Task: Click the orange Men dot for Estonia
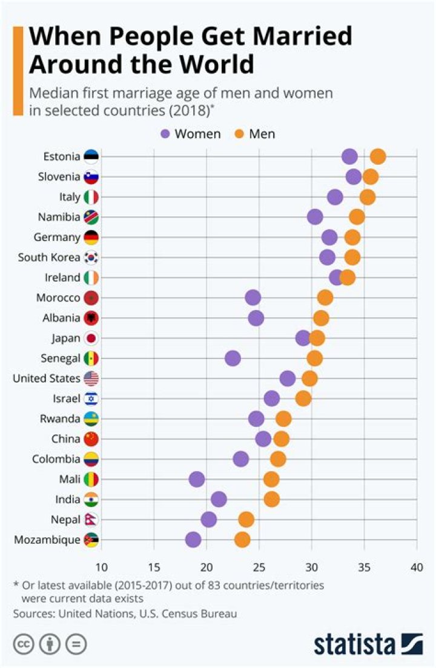tap(378, 157)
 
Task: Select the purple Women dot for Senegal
tap(233, 359)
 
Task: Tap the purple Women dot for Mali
tap(196, 480)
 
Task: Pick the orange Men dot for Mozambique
tap(242, 540)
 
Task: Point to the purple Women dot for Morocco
tap(253, 297)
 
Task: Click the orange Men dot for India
tap(272, 499)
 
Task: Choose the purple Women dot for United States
tap(288, 379)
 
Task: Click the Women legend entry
tap(191, 133)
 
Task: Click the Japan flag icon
tap(91, 338)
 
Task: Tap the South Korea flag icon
tap(91, 257)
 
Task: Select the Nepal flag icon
tap(91, 520)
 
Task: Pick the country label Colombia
tap(56, 459)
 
